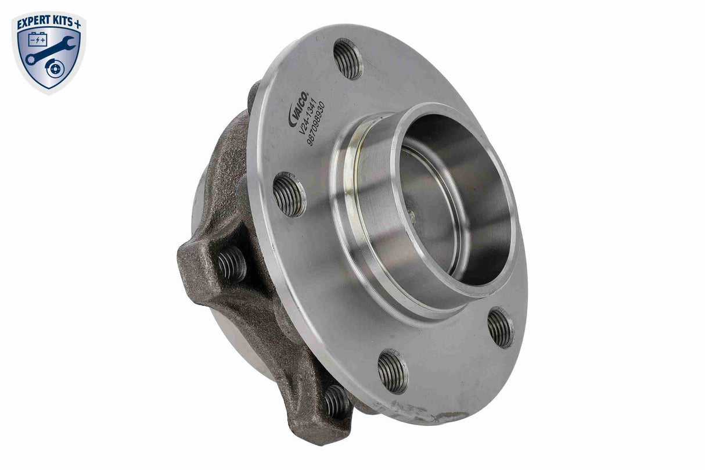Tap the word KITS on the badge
pyautogui.click(x=64, y=23)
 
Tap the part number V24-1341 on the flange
pyautogui.click(x=308, y=119)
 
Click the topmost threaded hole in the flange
pyautogui.click(x=348, y=58)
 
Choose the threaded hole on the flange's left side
pyautogui.click(x=289, y=195)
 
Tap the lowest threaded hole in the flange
pyautogui.click(x=393, y=371)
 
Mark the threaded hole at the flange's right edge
pyautogui.click(x=501, y=327)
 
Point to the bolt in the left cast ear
pyautogui.click(x=232, y=264)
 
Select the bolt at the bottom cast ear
pyautogui.click(x=337, y=400)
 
